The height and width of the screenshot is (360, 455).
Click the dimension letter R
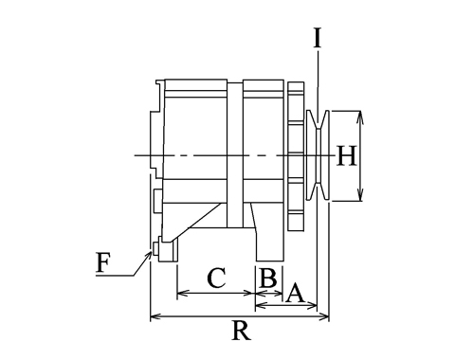click(x=242, y=331)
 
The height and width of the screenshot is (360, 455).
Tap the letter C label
click(x=217, y=279)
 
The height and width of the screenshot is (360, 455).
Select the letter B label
click(x=268, y=279)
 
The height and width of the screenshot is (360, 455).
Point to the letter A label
click(x=295, y=293)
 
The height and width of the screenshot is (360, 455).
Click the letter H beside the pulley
click(x=347, y=155)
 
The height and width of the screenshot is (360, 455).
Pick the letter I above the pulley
click(x=318, y=38)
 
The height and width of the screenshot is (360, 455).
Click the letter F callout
click(x=103, y=262)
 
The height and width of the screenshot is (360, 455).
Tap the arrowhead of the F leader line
click(x=149, y=255)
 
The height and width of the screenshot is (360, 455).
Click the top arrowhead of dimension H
click(x=360, y=116)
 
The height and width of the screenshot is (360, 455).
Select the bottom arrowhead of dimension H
click(x=360, y=196)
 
